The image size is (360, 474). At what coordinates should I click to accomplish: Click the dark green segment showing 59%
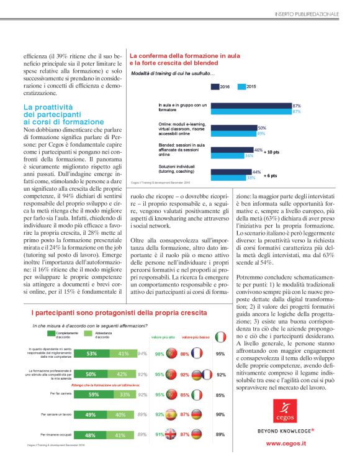(x=94, y=394)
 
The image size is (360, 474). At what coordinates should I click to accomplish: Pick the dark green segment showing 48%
(x=91, y=435)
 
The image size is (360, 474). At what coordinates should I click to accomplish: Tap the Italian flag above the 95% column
(x=220, y=337)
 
